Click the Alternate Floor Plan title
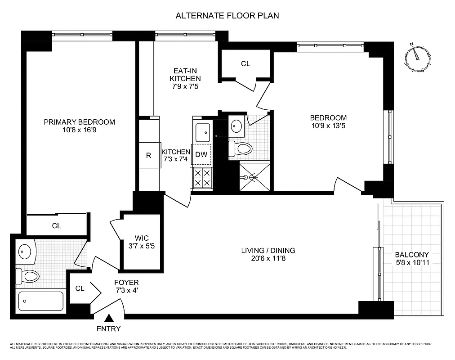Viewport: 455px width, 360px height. tap(227, 16)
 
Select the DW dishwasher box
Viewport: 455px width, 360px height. tap(201, 154)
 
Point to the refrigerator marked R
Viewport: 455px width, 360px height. tap(148, 156)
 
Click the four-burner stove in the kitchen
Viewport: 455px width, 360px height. tap(201, 178)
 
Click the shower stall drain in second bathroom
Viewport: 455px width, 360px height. tap(254, 177)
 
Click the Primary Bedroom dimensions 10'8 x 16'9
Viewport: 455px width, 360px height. tap(79, 130)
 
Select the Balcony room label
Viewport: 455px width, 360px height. tap(411, 254)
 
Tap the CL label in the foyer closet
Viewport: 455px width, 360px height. tap(80, 288)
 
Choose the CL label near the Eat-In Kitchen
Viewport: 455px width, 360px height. tap(245, 64)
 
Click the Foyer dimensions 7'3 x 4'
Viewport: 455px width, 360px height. tap(126, 291)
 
